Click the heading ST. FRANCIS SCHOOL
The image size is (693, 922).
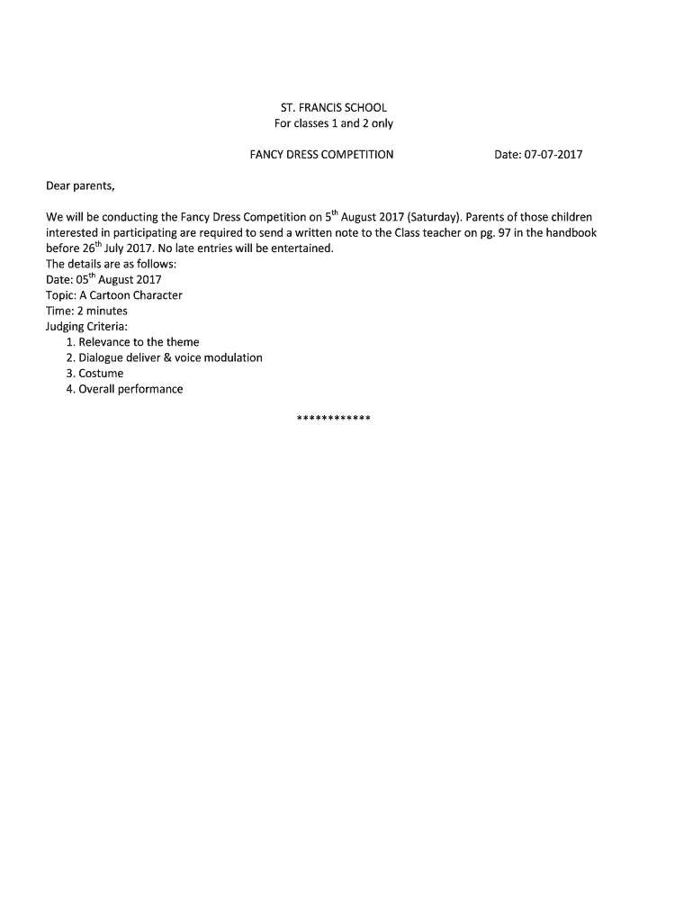(333, 107)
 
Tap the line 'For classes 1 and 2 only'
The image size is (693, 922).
(333, 123)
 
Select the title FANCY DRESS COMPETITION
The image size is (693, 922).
(321, 154)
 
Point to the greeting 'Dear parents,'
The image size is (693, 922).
(80, 185)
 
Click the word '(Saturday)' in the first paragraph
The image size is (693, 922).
(435, 217)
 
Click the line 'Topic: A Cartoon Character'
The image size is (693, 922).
(113, 295)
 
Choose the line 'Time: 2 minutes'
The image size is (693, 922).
(86, 311)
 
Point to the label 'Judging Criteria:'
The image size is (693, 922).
(86, 326)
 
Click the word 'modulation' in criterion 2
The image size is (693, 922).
(232, 357)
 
